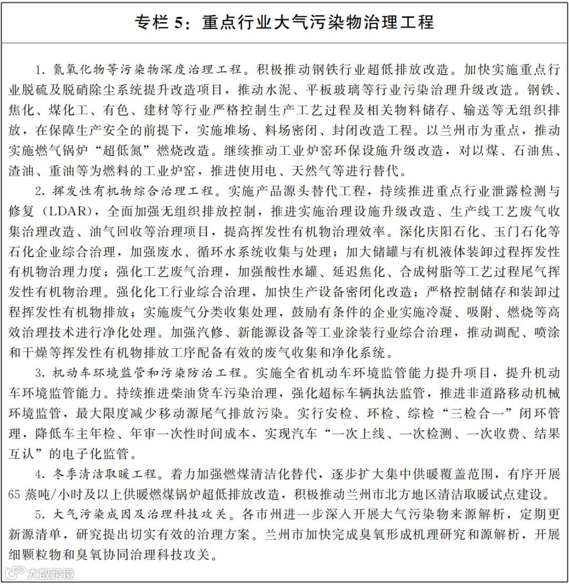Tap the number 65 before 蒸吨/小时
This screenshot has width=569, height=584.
15,496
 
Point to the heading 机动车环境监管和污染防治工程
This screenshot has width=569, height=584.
149,373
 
